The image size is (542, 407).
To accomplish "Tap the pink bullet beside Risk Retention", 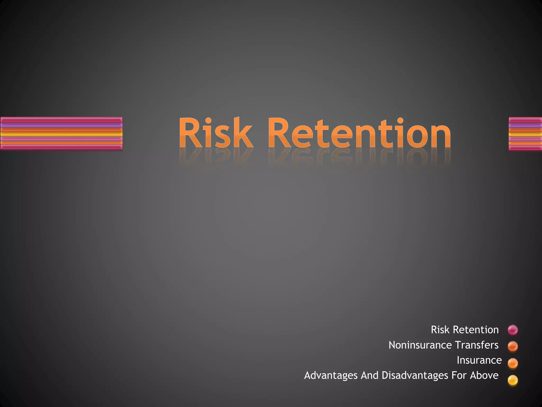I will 513,330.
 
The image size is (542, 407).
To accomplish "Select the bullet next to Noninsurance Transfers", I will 513,346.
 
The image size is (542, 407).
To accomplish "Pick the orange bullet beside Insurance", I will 513,363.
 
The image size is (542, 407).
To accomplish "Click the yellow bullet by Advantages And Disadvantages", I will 513,380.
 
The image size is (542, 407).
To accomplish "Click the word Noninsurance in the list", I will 420,345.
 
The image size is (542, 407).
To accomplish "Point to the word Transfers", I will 477,345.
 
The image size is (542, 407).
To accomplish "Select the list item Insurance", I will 479,360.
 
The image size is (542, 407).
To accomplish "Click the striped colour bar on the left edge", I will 61,134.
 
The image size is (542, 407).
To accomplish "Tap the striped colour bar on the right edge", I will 525,134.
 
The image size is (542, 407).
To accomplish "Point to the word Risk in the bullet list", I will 440,330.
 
